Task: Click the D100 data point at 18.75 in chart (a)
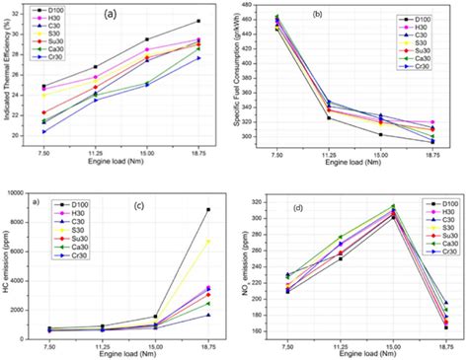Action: tap(198, 21)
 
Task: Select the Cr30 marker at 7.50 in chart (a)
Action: tap(43, 131)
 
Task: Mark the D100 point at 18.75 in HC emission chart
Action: tap(207, 209)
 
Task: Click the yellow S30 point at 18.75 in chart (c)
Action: tap(207, 241)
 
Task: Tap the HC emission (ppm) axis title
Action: tap(7, 261)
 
